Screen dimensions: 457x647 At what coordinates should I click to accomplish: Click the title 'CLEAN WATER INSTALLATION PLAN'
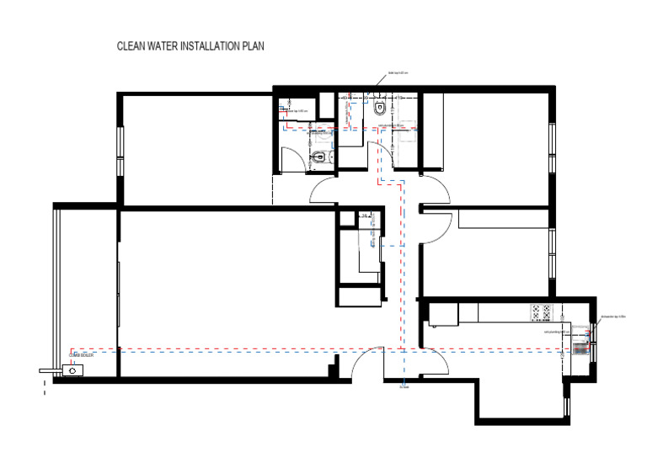pos(190,48)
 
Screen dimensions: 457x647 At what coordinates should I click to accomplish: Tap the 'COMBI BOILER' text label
pos(82,356)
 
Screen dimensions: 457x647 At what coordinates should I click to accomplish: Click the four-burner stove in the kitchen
pos(540,312)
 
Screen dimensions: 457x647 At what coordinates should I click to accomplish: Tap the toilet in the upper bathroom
pos(379,109)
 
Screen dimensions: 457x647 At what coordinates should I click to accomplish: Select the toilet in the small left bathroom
pos(321,159)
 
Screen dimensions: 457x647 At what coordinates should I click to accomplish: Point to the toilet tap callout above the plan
pos(398,74)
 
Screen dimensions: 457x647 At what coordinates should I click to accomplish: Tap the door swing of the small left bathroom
pos(292,160)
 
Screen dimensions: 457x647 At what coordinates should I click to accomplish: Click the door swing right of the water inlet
pos(434,364)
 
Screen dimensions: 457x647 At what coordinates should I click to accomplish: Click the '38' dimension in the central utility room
pos(364,216)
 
